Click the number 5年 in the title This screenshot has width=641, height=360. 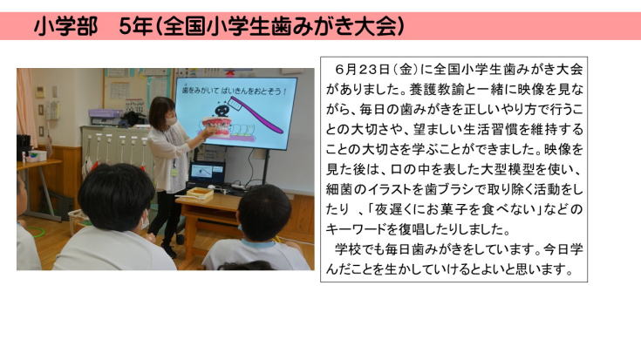point(135,26)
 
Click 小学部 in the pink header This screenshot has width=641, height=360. point(65,26)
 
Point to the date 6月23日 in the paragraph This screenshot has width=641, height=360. point(362,70)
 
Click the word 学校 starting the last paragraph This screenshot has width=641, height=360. point(348,249)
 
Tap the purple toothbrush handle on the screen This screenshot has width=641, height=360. point(256,114)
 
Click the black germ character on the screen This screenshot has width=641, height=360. point(222,111)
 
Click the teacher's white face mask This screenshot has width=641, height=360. point(170,120)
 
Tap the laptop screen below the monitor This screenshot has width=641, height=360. point(208,172)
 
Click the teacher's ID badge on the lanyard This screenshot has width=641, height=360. point(174,172)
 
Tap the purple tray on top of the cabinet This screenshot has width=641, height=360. point(105,113)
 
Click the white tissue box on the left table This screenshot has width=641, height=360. point(37,156)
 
